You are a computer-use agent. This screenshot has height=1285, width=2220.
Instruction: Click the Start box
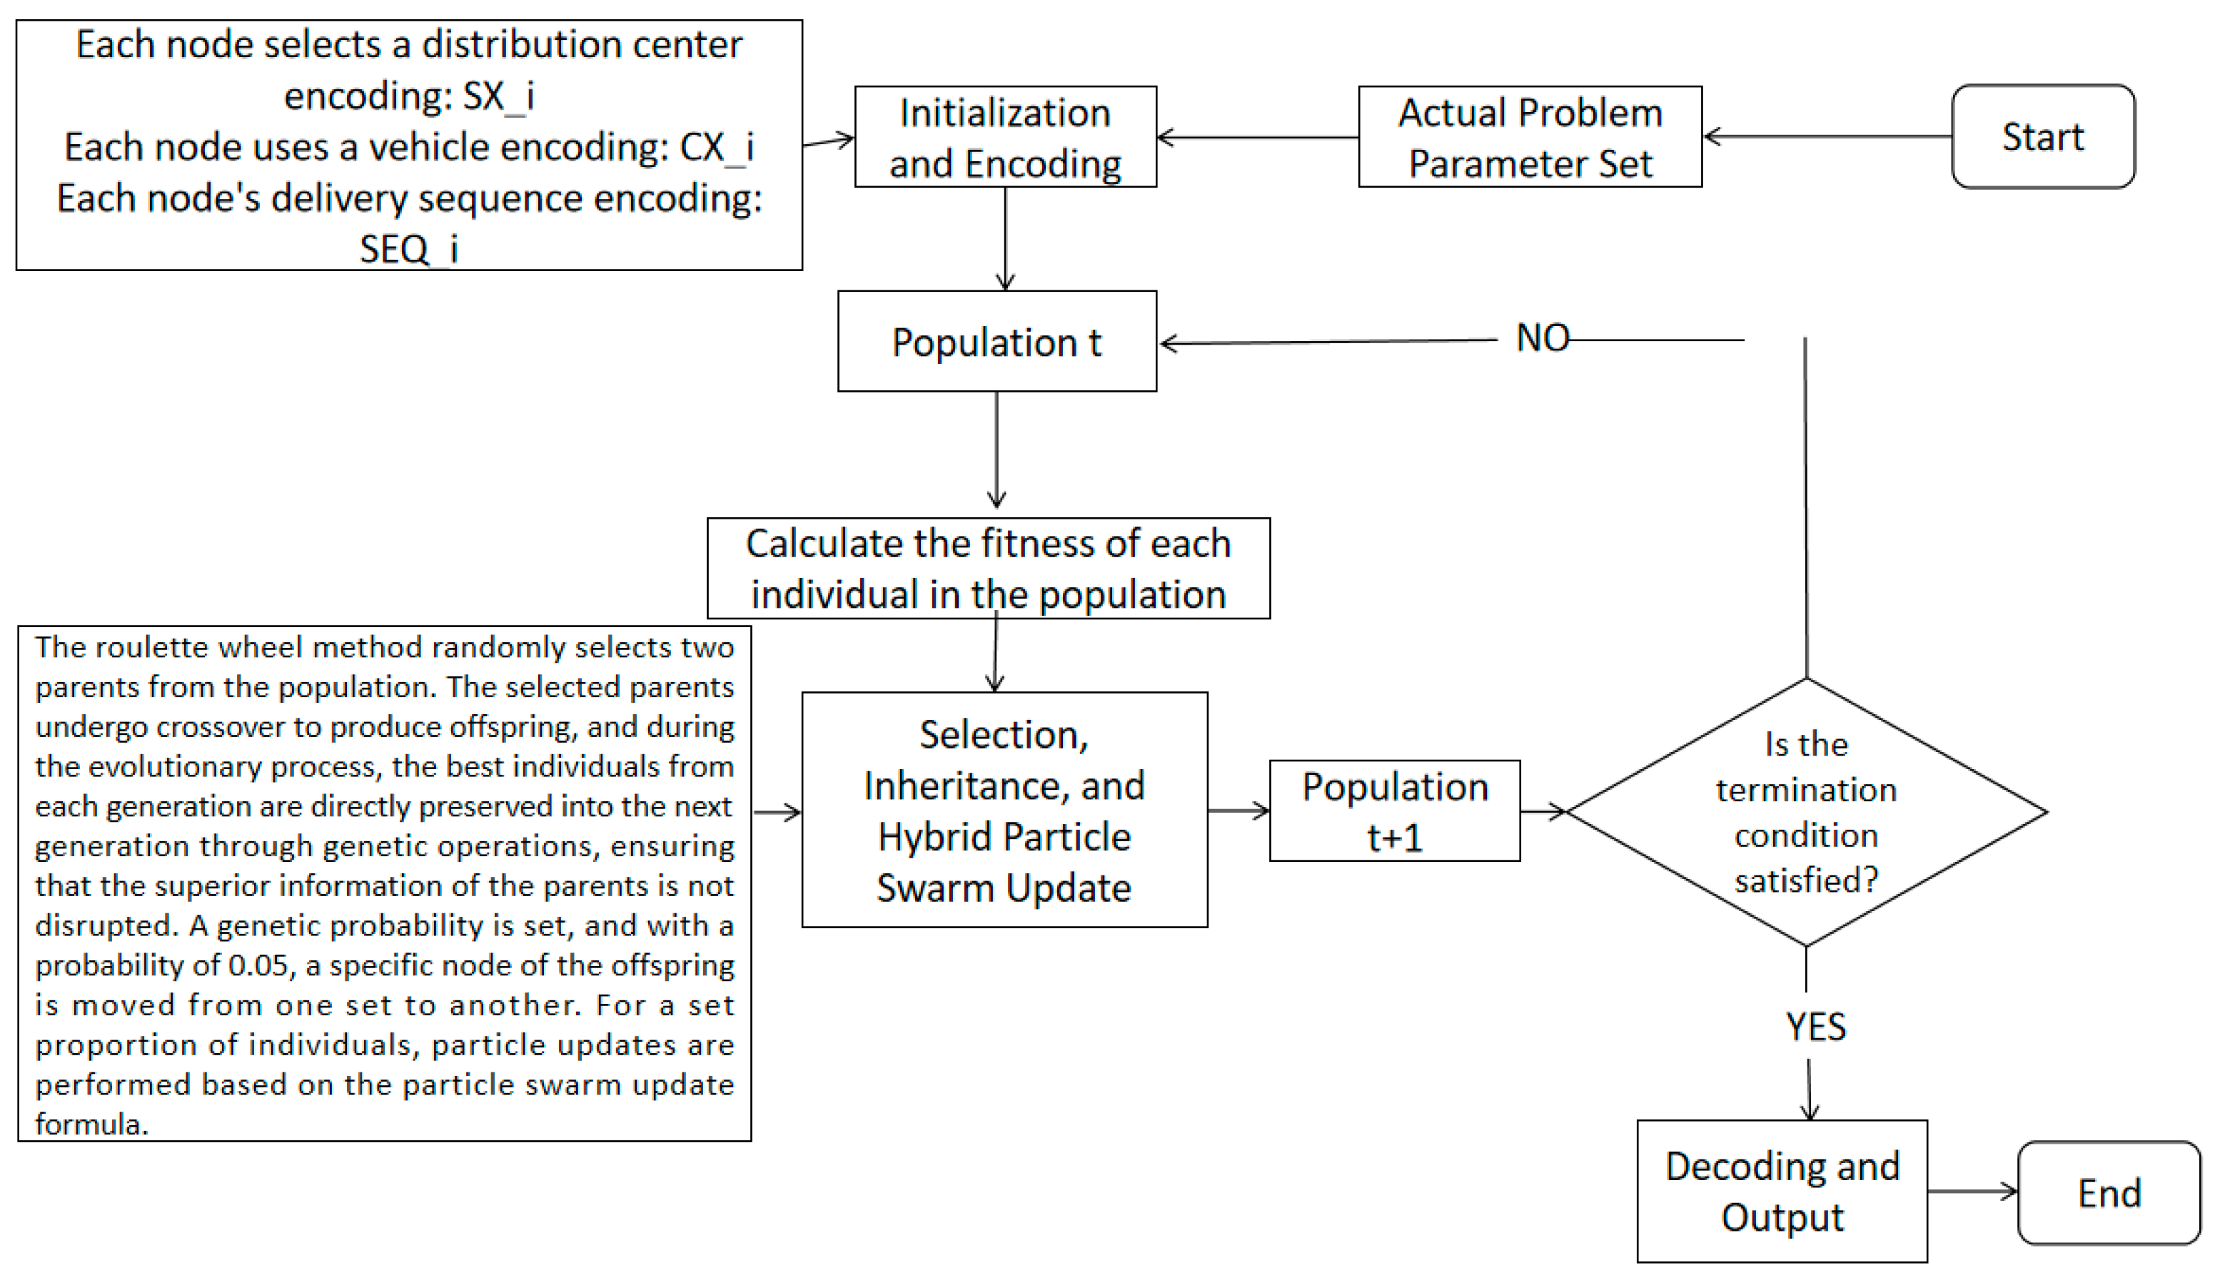pyautogui.click(x=2042, y=136)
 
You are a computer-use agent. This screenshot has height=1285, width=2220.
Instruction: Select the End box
pyautogui.click(x=2108, y=1194)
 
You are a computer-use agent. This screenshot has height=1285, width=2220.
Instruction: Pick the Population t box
pyautogui.click(x=997, y=342)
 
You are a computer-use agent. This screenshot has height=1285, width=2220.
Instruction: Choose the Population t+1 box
pyautogui.click(x=1395, y=811)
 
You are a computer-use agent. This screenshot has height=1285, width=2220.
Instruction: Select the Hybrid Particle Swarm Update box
pyautogui.click(x=1004, y=811)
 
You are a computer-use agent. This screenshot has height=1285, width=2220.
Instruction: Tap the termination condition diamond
pyautogui.click(x=1806, y=812)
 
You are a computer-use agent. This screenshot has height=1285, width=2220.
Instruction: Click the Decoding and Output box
pyautogui.click(x=1781, y=1192)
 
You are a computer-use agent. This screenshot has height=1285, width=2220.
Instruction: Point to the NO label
pyautogui.click(x=1543, y=338)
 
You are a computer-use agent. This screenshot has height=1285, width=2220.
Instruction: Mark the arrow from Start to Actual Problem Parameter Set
pyautogui.click(x=1827, y=136)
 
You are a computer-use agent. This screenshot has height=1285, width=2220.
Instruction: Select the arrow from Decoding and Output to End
pyautogui.click(x=1972, y=1192)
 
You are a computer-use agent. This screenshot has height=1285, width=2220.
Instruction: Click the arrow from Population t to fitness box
pyautogui.click(x=997, y=450)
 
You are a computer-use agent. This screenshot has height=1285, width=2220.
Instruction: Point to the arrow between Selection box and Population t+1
pyautogui.click(x=1238, y=811)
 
